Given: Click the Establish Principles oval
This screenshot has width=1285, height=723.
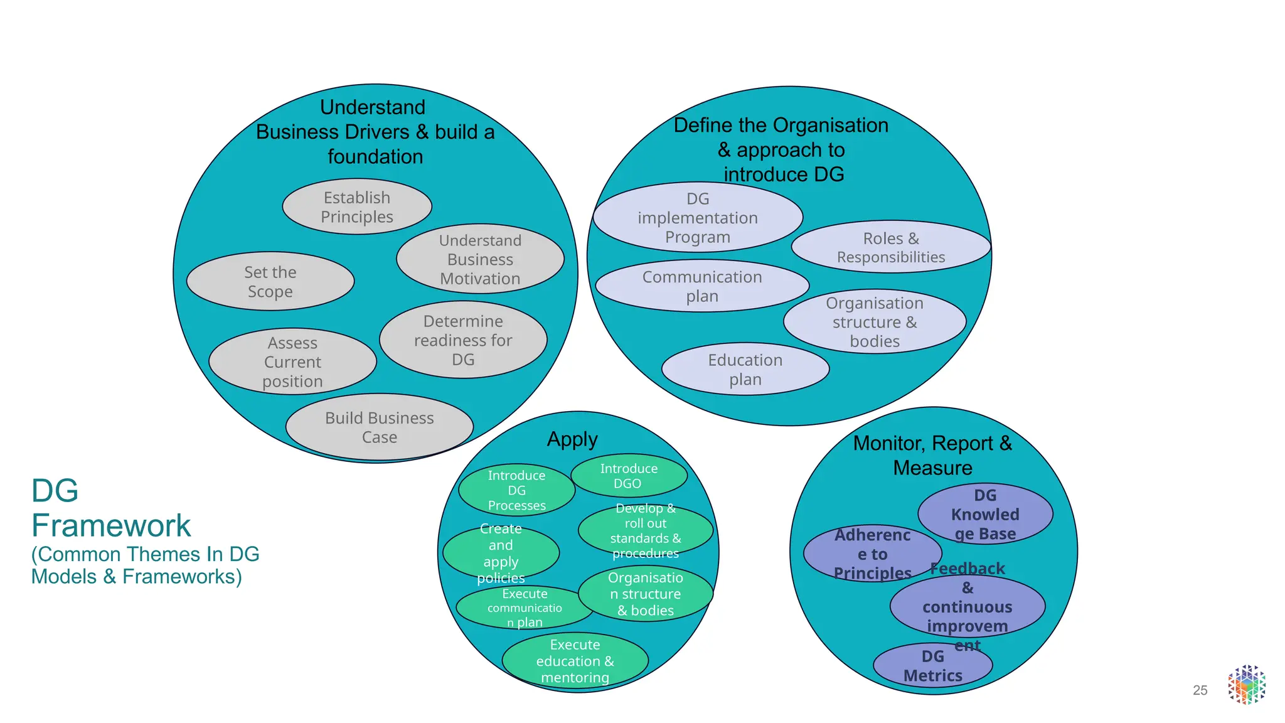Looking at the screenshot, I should [357, 207].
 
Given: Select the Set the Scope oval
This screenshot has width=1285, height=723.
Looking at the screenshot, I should [270, 282].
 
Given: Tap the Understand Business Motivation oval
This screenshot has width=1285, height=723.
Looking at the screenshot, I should [480, 259].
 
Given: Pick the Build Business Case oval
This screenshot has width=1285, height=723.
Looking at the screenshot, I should [379, 427].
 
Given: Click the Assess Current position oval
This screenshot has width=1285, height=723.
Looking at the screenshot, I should [292, 361].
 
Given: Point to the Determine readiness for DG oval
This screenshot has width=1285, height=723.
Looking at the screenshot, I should [463, 340].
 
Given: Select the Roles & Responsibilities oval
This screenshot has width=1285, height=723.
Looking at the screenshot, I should [890, 247].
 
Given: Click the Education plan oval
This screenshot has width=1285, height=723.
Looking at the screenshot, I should [745, 370].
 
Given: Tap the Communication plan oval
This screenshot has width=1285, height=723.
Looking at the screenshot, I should [701, 286].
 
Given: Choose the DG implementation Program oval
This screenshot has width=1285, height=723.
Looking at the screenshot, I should [698, 218].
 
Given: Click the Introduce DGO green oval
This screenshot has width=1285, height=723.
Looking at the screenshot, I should [629, 476].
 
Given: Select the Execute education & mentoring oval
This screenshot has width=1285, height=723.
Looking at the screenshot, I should [575, 661].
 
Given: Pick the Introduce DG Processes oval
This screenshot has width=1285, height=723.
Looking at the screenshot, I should [516, 490].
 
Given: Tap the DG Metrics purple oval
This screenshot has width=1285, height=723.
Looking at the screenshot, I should [932, 666].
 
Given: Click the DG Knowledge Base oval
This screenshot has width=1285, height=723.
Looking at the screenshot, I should [985, 514].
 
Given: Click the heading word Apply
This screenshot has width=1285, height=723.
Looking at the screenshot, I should [572, 439].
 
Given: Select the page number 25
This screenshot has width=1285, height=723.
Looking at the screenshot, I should [1200, 690].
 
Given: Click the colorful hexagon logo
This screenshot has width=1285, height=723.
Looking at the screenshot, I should [1247, 685].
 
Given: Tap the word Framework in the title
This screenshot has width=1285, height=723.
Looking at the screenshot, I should [111, 525].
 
